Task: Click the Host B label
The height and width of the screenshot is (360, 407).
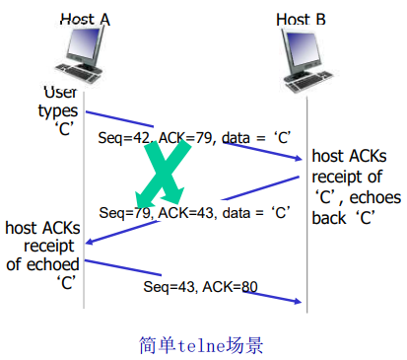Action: tap(305, 18)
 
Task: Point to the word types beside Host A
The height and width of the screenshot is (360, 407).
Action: tap(57, 109)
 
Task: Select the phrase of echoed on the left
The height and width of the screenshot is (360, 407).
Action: tap(42, 263)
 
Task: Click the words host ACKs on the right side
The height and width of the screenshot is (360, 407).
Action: tap(350, 156)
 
